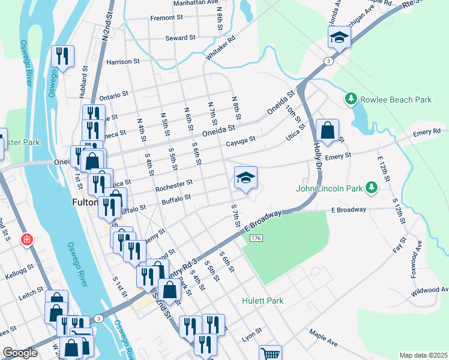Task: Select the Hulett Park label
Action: tap(262, 301)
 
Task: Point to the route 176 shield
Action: tap(256, 239)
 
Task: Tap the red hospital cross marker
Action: tap(26, 241)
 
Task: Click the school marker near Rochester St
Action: tap(246, 178)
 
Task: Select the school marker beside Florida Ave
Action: tap(339, 38)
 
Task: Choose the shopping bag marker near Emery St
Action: tap(327, 130)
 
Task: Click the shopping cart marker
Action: tap(271, 354)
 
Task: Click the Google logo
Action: tap(20, 353)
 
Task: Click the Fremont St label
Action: tap(166, 18)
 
